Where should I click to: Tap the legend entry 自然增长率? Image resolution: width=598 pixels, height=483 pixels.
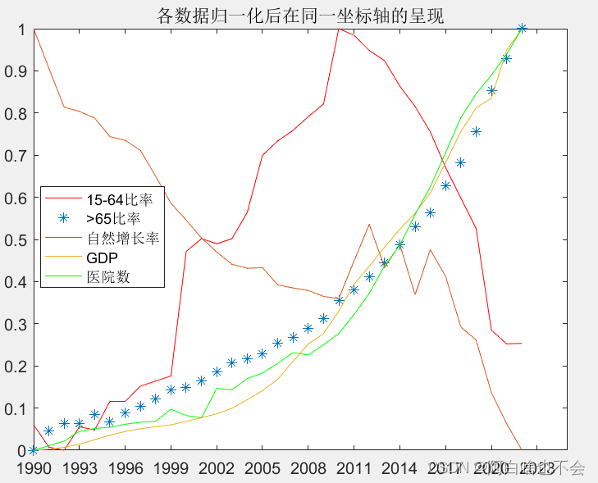122,239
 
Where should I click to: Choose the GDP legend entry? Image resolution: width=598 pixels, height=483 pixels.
102,257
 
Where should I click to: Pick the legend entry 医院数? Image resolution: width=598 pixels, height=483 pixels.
109,277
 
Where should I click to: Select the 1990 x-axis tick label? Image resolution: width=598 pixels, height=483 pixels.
33,467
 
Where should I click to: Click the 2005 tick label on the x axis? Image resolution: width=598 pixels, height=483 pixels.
262,467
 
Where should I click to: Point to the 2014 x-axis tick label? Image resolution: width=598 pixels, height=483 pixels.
399,467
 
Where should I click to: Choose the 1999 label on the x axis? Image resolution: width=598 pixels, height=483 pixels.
171,467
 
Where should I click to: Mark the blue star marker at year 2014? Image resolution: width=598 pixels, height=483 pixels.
399,244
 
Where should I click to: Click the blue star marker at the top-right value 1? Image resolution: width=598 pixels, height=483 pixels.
522,29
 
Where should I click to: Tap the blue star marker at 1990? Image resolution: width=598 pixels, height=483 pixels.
33,450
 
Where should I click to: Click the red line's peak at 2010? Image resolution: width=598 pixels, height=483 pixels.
338,29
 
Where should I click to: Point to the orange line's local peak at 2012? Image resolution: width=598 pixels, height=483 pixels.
369,224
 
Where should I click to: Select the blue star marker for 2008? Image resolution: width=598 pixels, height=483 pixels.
308,328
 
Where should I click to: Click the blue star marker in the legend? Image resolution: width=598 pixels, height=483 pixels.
64,218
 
